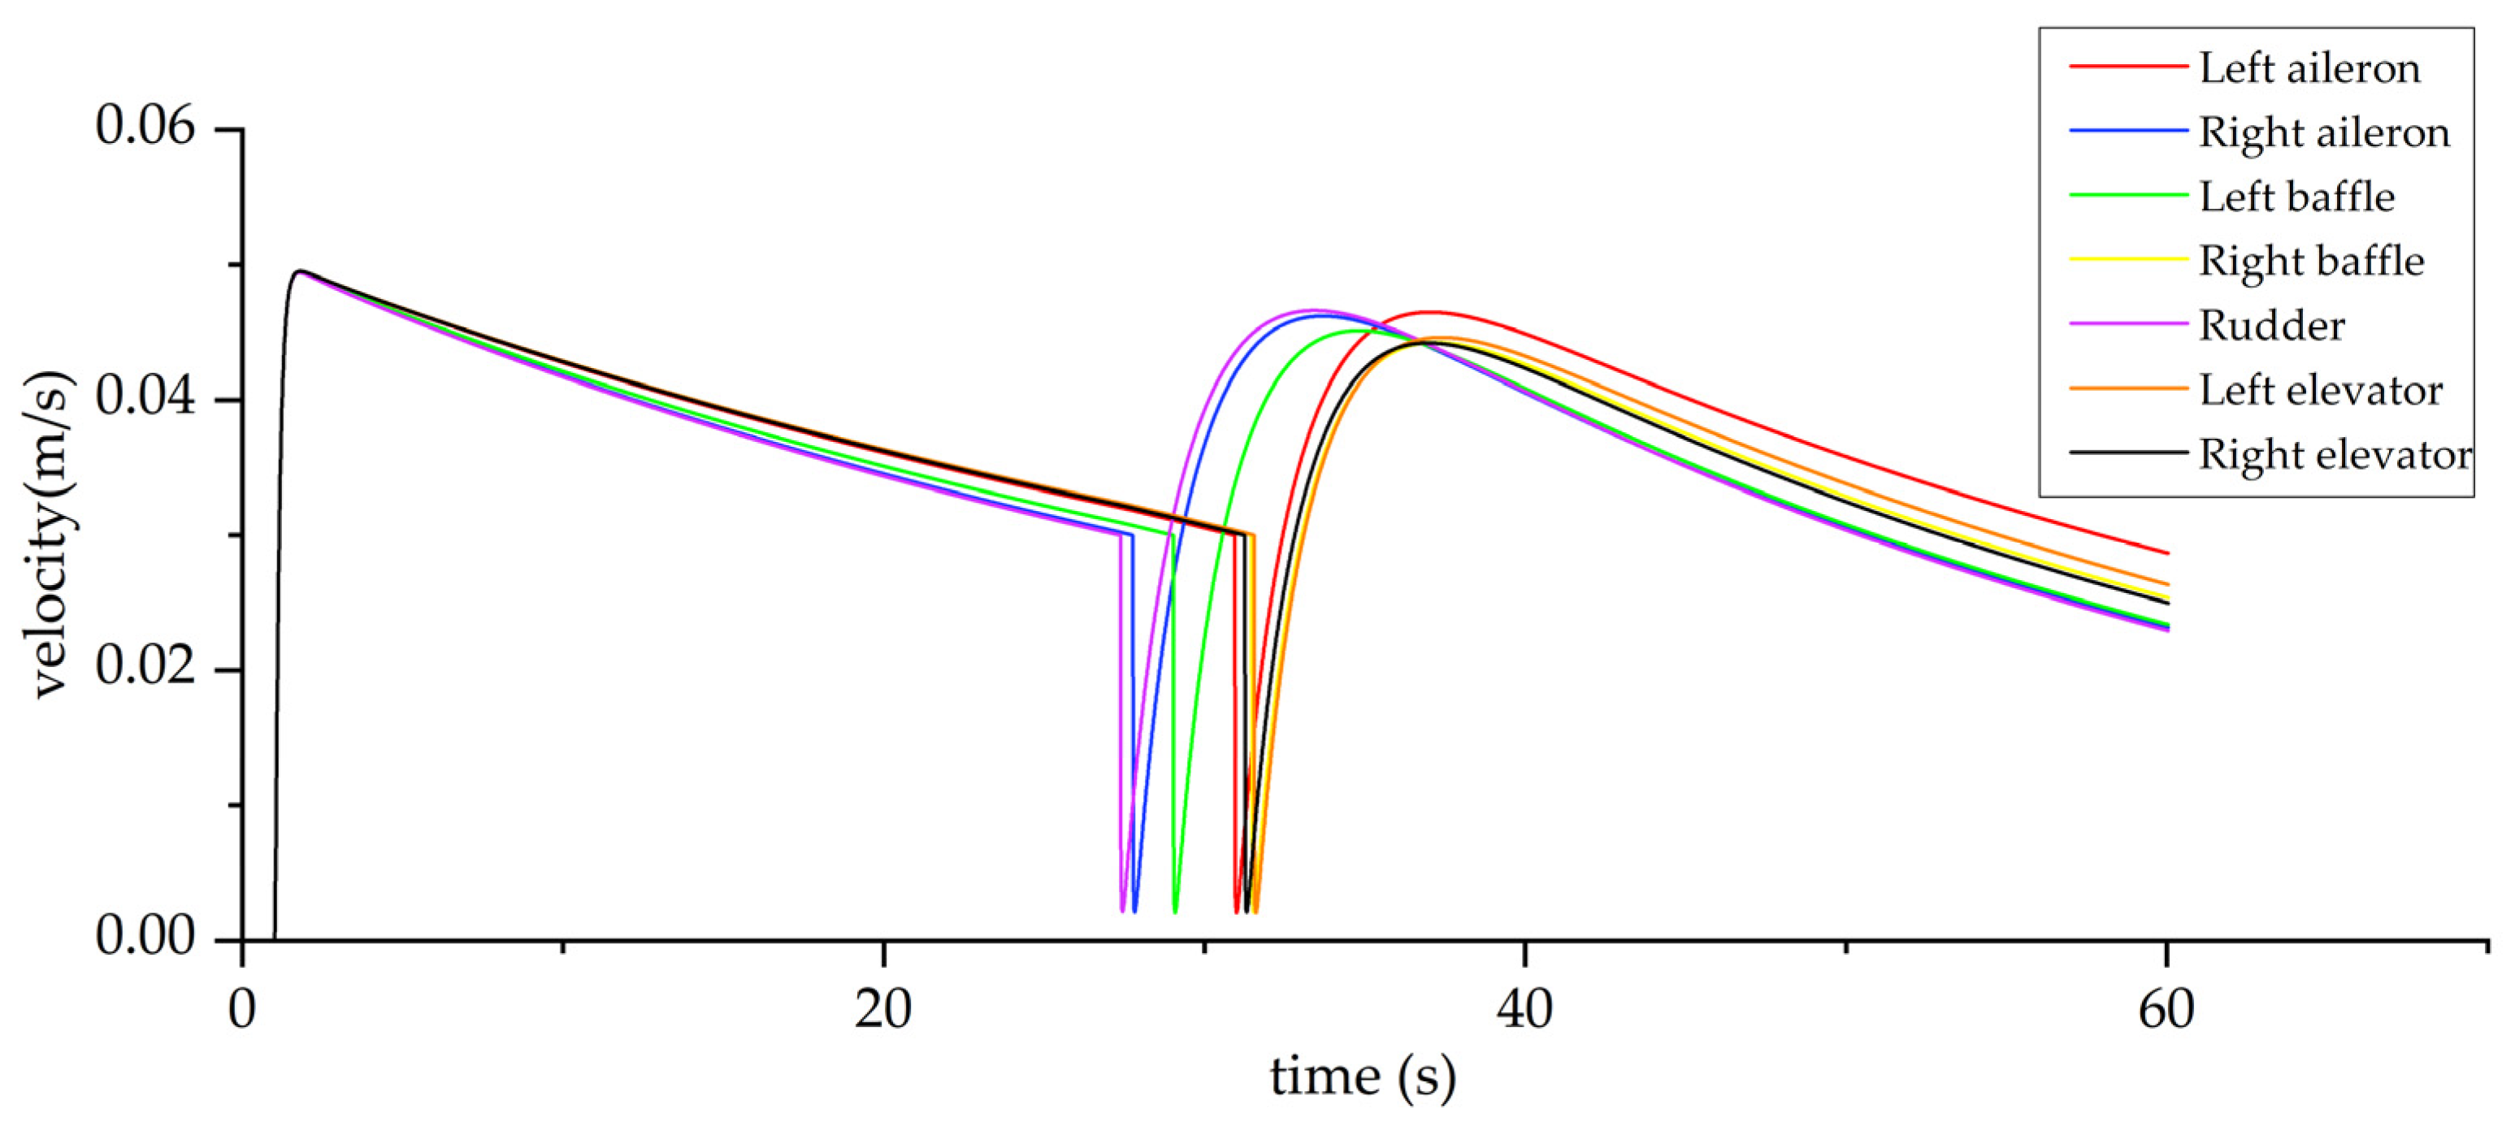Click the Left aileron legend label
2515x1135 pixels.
coord(2309,68)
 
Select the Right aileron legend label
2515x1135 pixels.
coord(2324,132)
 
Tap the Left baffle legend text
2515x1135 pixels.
coord(2296,197)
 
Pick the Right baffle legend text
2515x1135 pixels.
coord(2311,262)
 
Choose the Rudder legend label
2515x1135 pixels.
coord(2271,326)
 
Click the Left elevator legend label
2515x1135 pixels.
coord(2320,390)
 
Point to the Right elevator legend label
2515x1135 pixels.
coord(2335,455)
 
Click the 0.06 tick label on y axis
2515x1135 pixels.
coord(146,127)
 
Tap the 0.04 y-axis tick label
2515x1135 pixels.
coord(146,398)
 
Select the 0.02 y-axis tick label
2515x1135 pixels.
coord(146,669)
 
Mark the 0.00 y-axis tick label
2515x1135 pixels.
coord(146,937)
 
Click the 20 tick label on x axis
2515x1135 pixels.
coord(882,1010)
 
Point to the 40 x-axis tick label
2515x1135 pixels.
coord(1524,1010)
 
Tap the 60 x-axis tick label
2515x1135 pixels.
coord(2166,1010)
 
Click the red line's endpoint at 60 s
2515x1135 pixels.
coord(2167,553)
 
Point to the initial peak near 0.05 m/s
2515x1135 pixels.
coord(301,271)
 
